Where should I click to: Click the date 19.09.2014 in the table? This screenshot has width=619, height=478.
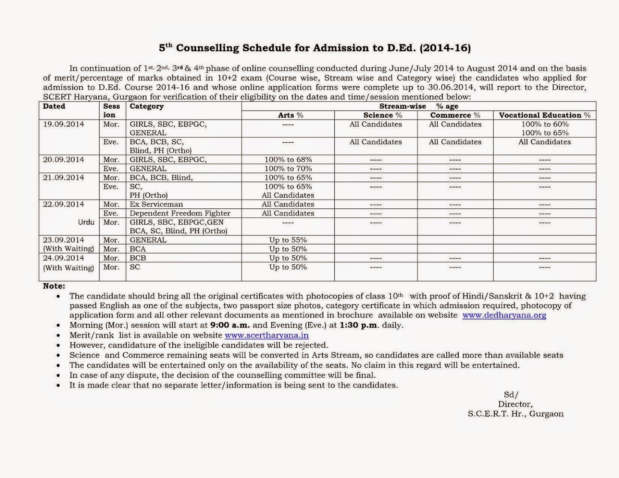63,124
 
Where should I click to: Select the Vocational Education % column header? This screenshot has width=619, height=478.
544,115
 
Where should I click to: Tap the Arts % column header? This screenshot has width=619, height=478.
291,115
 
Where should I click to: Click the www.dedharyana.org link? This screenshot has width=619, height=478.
504,315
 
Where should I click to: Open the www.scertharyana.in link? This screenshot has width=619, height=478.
267,335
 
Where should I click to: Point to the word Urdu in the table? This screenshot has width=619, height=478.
86,222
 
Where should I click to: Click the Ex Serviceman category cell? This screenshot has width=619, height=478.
156,204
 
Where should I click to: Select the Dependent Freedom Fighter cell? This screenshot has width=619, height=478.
180,213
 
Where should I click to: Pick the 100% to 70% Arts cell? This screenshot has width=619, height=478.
288,169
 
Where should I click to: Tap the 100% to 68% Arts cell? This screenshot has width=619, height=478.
288,160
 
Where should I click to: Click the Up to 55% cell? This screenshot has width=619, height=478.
288,240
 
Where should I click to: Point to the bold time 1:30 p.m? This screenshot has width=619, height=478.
359,325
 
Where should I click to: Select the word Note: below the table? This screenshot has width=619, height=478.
54,286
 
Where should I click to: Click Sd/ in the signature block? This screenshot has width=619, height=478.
511,395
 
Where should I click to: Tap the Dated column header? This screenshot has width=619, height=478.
54,106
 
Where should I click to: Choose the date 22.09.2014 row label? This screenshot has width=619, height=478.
63,204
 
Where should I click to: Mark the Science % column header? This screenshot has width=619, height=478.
382,115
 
